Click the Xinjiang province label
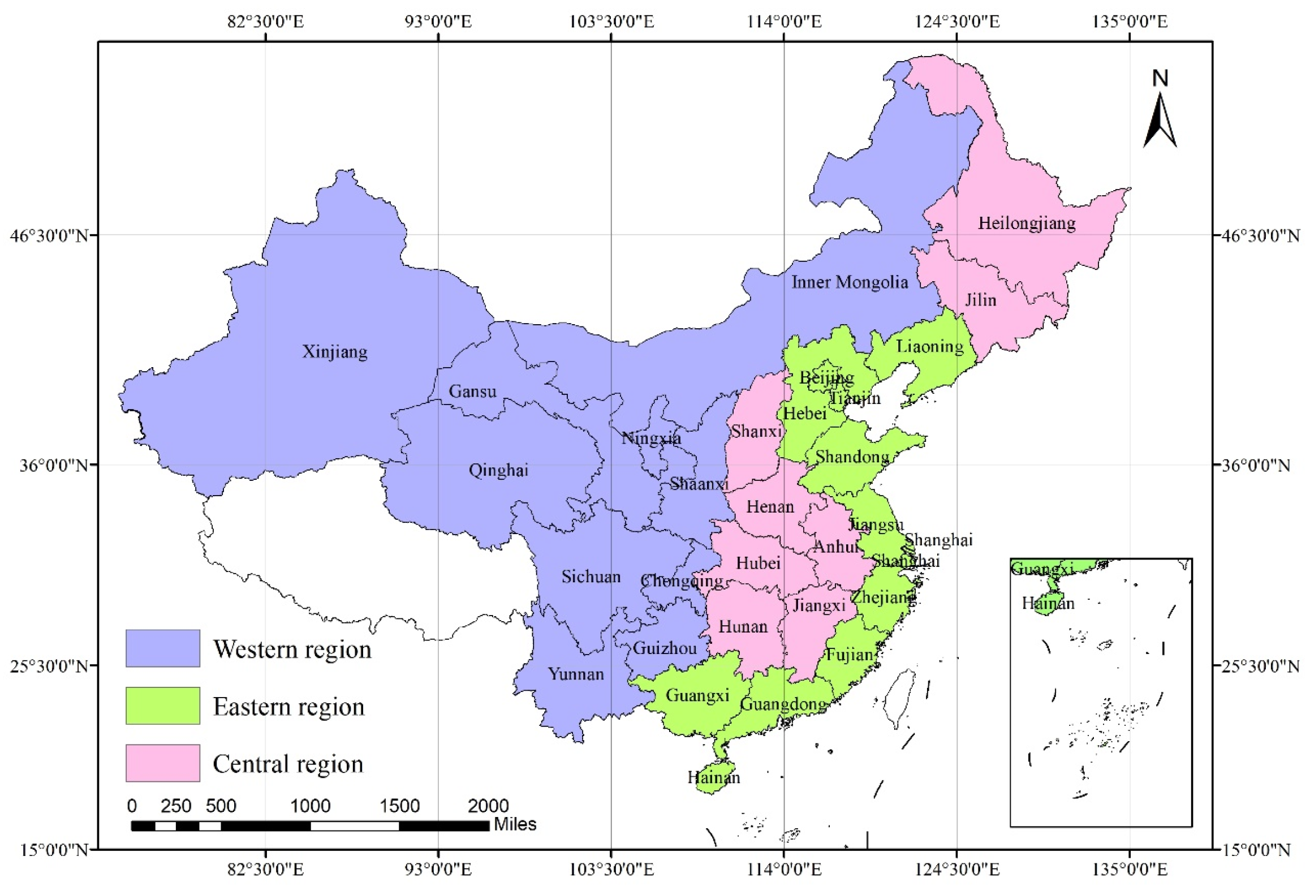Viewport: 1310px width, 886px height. click(x=334, y=352)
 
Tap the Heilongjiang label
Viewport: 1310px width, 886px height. click(x=1027, y=223)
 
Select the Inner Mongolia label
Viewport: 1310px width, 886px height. click(x=849, y=282)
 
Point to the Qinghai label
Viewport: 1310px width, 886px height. click(x=498, y=470)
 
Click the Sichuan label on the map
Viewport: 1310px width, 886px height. click(x=591, y=577)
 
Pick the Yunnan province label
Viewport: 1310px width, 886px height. click(x=576, y=674)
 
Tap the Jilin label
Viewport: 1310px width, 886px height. click(x=980, y=299)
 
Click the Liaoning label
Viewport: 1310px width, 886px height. click(x=929, y=346)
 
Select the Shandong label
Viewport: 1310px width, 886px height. click(x=852, y=456)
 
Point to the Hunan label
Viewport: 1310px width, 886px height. click(x=743, y=626)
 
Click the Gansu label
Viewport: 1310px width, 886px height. click(x=472, y=391)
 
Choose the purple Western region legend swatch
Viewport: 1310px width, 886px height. click(x=162, y=648)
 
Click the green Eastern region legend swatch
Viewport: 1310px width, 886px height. click(x=162, y=706)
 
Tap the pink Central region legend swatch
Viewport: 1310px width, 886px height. click(x=162, y=763)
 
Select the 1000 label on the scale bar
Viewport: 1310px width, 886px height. click(x=310, y=806)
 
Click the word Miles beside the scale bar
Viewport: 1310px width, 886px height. click(x=515, y=824)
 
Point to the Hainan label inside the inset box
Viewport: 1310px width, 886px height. click(x=1048, y=603)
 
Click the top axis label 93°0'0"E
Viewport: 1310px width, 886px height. click(x=438, y=21)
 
